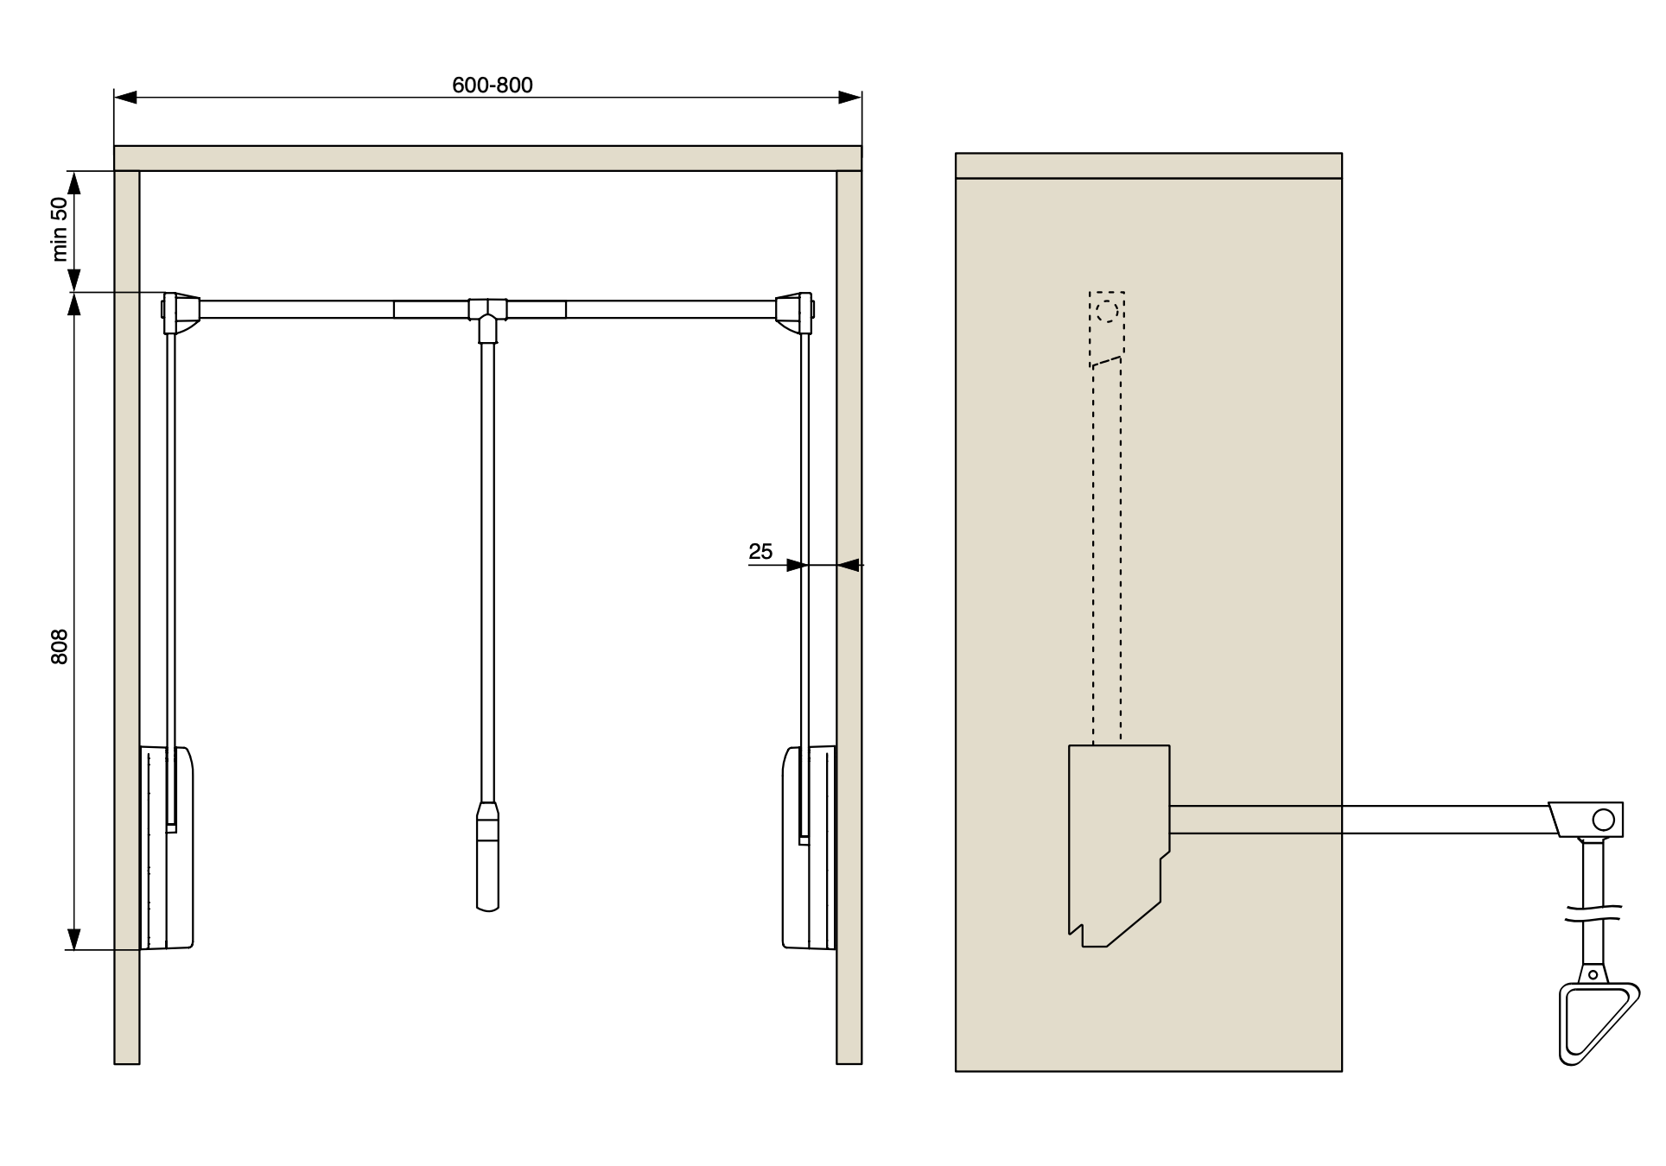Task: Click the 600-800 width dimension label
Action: click(x=493, y=85)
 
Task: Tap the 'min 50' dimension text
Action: click(x=59, y=229)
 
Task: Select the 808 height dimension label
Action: click(x=59, y=647)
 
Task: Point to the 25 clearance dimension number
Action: click(x=760, y=551)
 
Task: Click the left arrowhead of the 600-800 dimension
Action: click(x=126, y=98)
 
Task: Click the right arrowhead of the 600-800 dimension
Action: click(x=850, y=98)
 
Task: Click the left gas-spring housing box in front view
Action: click(x=166, y=847)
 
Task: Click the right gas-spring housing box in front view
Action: click(x=810, y=847)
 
